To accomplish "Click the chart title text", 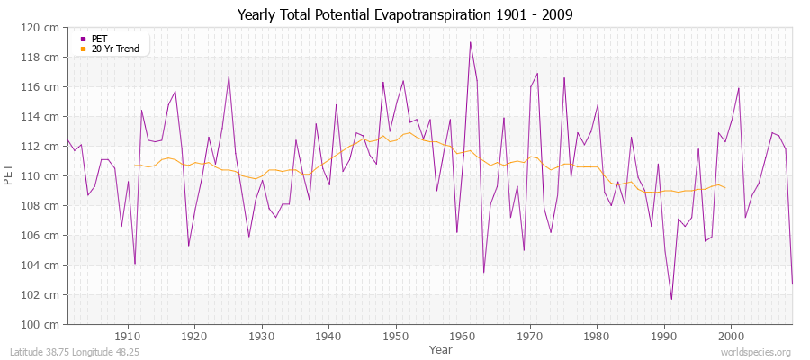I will pyautogui.click(x=404, y=14).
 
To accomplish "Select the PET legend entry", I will pyautogui.click(x=99, y=39).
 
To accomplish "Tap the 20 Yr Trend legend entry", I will pyautogui.click(x=115, y=49).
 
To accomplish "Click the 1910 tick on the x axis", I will pyautogui.click(x=128, y=336).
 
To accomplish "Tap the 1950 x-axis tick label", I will pyautogui.click(x=396, y=336).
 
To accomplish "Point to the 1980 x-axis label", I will pyautogui.click(x=597, y=336).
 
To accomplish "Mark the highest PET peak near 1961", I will pyautogui.click(x=470, y=42).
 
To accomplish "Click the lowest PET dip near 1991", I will pyautogui.click(x=671, y=299).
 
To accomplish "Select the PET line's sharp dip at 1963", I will pyautogui.click(x=483, y=272).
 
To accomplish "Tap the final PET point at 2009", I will pyautogui.click(x=792, y=284).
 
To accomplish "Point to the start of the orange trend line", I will pyautogui.click(x=135, y=165).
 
